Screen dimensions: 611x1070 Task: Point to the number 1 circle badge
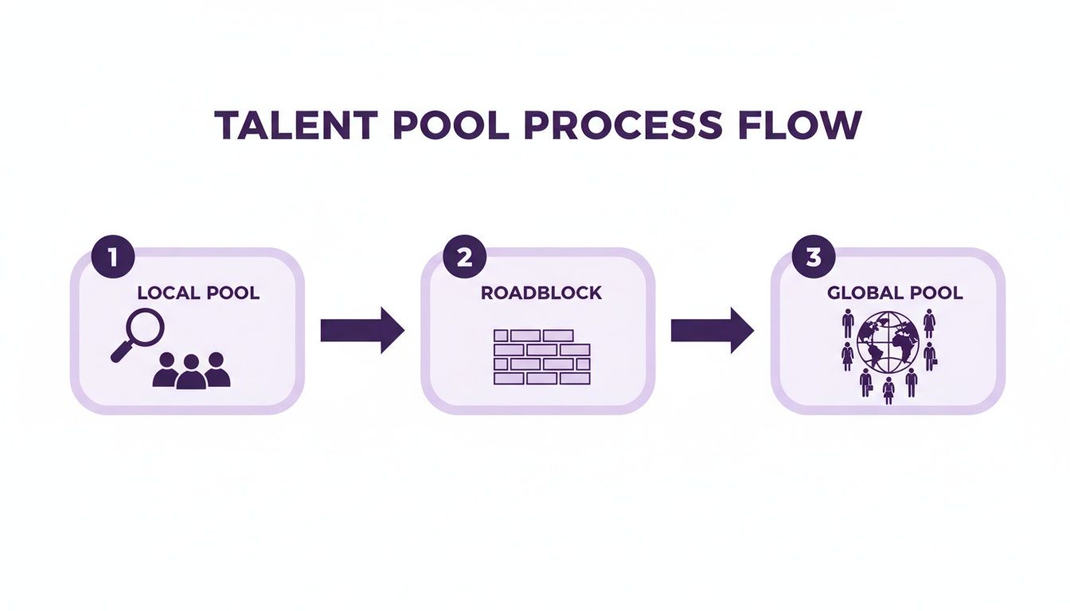click(x=113, y=257)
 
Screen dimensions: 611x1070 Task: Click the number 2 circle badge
click(x=463, y=257)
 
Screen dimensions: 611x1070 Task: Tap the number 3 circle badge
click(x=814, y=257)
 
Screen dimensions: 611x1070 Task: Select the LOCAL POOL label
click(x=198, y=293)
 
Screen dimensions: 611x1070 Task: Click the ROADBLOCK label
click(x=541, y=293)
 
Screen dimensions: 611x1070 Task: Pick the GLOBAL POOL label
click(x=895, y=293)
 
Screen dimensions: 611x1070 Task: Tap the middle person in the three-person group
click(x=191, y=372)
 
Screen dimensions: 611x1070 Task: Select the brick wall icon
click(x=541, y=357)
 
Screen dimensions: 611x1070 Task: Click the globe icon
click(x=888, y=341)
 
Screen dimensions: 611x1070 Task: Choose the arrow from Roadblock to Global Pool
click(x=712, y=330)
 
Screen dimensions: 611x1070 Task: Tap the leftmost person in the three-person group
click(x=166, y=370)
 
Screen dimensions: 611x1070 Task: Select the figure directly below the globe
click(x=888, y=390)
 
